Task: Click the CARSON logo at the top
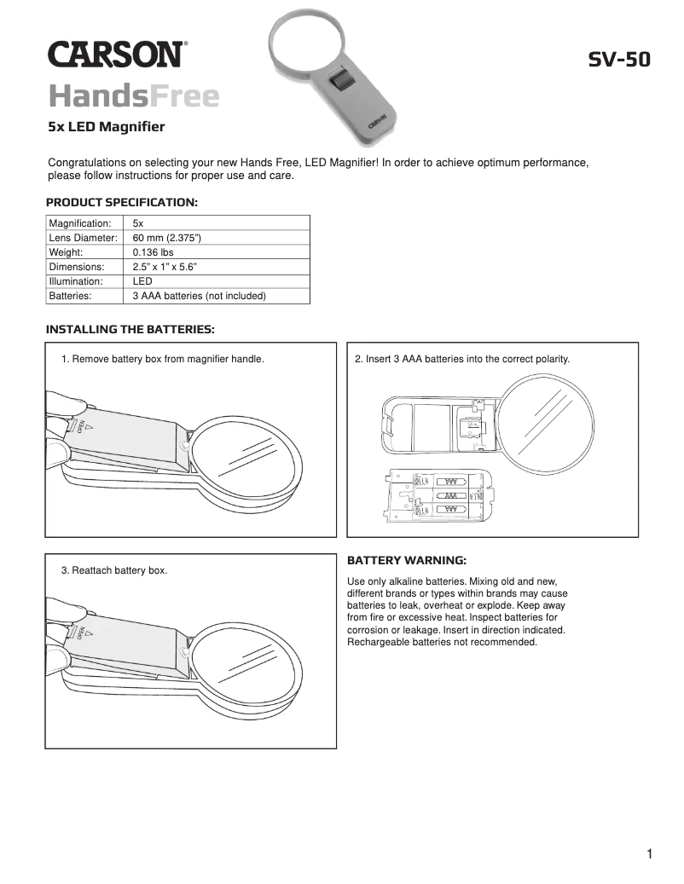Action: click(116, 55)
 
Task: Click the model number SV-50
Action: click(619, 60)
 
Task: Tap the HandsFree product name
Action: click(134, 96)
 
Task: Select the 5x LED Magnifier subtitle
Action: click(106, 128)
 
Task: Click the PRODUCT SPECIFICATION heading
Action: click(122, 203)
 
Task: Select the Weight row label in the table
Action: click(66, 251)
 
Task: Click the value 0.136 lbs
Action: click(154, 251)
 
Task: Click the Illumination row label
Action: click(76, 280)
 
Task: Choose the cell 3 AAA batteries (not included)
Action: click(200, 296)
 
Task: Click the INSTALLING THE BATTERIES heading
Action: click(130, 329)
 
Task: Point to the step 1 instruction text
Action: click(163, 359)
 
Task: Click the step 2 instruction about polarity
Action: click(461, 359)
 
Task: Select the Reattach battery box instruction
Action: click(114, 569)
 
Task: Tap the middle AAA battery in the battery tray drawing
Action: click(451, 494)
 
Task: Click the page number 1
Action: click(650, 854)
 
